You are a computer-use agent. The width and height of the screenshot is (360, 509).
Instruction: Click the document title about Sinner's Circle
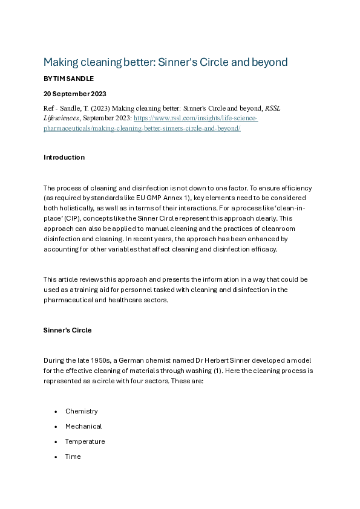(x=165, y=62)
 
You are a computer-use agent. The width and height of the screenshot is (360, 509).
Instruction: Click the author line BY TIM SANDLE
(x=69, y=79)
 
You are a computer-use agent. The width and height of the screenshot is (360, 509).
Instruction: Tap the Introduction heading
(x=64, y=157)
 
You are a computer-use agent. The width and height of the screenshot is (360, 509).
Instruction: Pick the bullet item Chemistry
(x=81, y=411)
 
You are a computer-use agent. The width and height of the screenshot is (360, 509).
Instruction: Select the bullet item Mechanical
(x=83, y=426)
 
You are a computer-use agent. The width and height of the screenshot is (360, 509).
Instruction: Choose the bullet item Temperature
(x=85, y=441)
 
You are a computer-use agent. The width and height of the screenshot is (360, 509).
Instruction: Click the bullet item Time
(x=73, y=456)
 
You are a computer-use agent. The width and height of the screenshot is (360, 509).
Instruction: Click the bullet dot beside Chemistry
(x=56, y=412)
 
